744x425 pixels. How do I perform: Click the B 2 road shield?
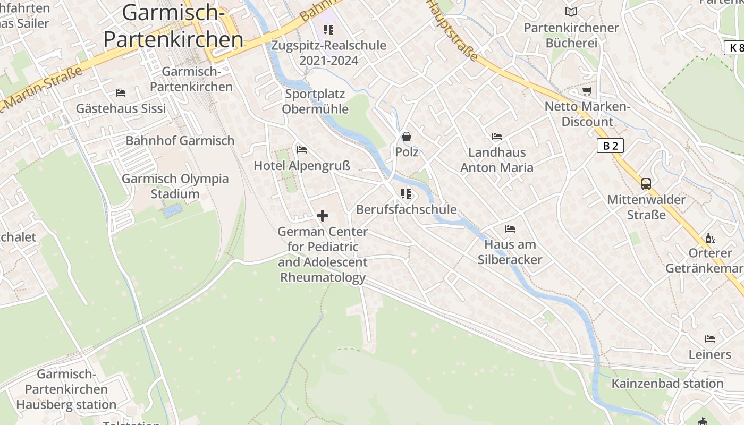click(610, 146)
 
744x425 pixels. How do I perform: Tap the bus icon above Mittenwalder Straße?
click(646, 184)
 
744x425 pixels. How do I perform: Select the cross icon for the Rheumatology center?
click(323, 216)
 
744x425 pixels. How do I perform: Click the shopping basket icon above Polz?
click(407, 137)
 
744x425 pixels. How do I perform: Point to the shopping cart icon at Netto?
click(587, 91)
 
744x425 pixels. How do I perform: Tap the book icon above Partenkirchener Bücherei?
click(571, 12)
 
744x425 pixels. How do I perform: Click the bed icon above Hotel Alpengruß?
click(302, 150)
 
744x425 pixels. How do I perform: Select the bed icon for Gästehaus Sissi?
click(121, 93)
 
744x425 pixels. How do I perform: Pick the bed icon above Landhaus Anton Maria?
click(497, 137)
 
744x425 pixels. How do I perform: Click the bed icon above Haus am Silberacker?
click(510, 229)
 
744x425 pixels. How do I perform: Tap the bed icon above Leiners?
click(710, 339)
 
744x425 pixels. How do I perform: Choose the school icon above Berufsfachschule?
click(406, 194)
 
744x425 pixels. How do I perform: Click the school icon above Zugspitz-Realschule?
click(328, 30)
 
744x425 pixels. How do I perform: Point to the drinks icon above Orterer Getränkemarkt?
click(710, 239)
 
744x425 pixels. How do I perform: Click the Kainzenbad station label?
click(667, 384)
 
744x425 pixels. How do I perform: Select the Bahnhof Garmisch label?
click(180, 141)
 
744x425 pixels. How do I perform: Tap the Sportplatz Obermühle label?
click(315, 101)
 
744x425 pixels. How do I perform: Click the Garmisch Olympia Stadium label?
click(175, 186)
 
